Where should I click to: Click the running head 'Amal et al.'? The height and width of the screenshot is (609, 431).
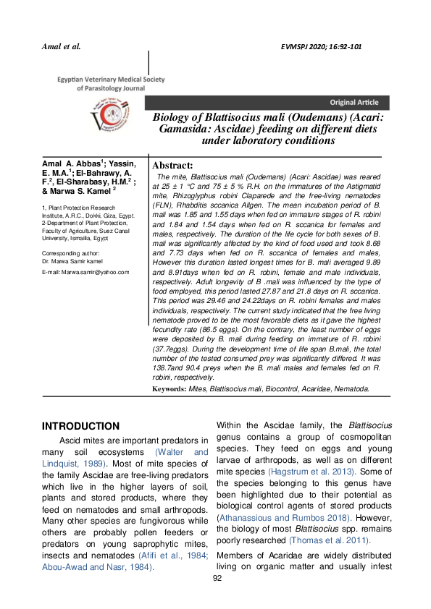(62, 46)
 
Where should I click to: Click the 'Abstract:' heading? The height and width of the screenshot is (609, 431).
(172, 166)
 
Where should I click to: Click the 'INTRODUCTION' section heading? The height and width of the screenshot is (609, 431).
(80, 426)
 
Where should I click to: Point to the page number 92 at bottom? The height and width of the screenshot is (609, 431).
(216, 597)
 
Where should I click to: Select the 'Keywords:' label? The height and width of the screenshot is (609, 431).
(169, 389)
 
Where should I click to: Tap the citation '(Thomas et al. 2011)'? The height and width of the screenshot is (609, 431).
(329, 540)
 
